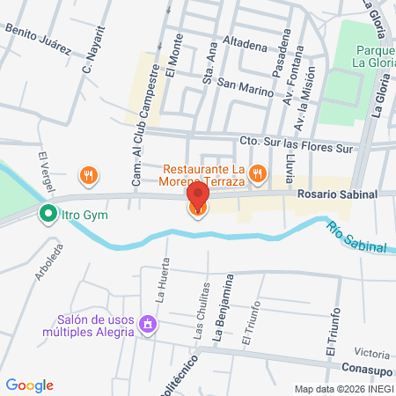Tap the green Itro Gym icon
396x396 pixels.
(46, 213)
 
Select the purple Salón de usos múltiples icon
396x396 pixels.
(148, 326)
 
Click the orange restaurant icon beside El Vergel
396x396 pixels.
(88, 175)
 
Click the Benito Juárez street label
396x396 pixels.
(37, 40)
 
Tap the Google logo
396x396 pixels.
(29, 385)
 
